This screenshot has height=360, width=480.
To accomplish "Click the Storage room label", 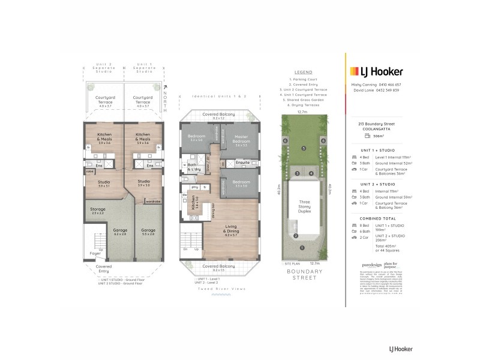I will [x=98, y=211].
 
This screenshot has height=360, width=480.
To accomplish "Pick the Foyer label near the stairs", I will [x=95, y=253].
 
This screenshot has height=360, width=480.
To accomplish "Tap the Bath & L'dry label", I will [x=193, y=167].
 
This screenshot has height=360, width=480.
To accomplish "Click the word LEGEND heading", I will [x=303, y=71].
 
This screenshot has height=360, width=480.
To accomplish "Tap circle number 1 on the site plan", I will [x=302, y=247].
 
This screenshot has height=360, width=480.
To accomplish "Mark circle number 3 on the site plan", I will [x=296, y=174].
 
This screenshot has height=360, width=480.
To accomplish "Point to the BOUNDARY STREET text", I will [x=304, y=274].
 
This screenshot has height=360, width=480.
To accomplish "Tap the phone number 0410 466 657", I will [x=389, y=85].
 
